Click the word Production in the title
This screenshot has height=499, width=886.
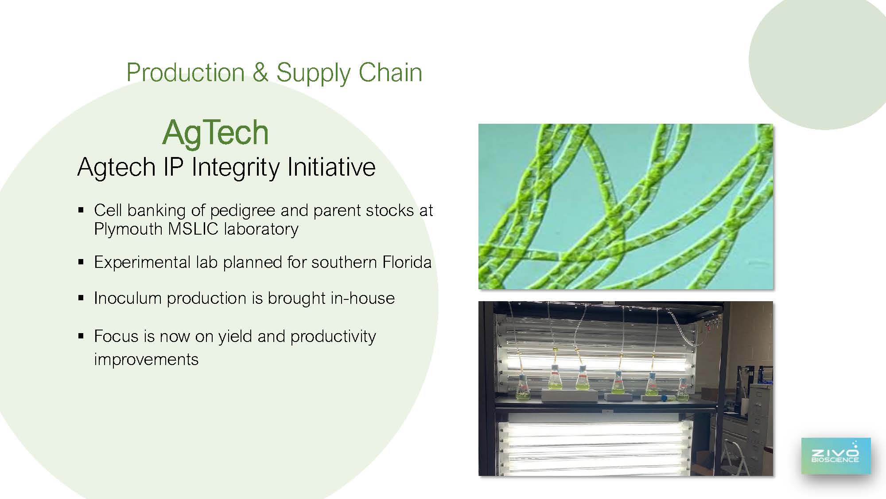pos(186,72)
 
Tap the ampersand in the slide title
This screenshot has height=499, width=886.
pos(260,72)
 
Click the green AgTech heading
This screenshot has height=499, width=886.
pos(216,133)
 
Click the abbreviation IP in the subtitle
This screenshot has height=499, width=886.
pos(174,167)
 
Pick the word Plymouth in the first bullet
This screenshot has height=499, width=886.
pos(128,229)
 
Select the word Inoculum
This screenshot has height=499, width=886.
pos(128,298)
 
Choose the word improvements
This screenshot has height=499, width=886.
pos(146,359)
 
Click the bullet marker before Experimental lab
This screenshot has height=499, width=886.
pos(81,262)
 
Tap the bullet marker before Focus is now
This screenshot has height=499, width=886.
pos(81,336)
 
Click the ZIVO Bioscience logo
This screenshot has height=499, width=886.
pos(835,456)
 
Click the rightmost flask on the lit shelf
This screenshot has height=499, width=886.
pos(682,390)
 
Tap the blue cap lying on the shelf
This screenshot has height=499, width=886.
pos(664,398)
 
